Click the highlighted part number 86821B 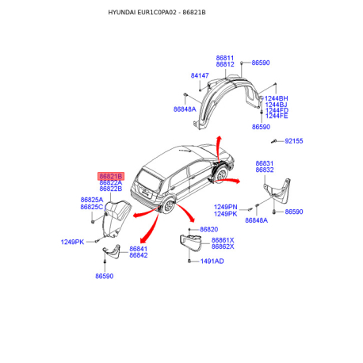pyautogui.click(x=111, y=176)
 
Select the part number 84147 pyautogui.click(x=200, y=75)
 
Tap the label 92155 pyautogui.click(x=294, y=141)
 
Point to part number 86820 pyautogui.click(x=209, y=229)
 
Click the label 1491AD pyautogui.click(x=212, y=262)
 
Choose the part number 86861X pyautogui.click(x=223, y=240)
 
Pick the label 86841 pyautogui.click(x=139, y=249)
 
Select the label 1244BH pyautogui.click(x=277, y=98)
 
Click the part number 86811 pyautogui.click(x=225, y=58)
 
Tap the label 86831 pyautogui.click(x=265, y=163)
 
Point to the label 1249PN pyautogui.click(x=226, y=207)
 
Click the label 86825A pyautogui.click(x=92, y=200)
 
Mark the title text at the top pyautogui.click(x=157, y=13)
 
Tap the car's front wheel pyautogui.click(x=221, y=174)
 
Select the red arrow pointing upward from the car pyautogui.click(x=219, y=148)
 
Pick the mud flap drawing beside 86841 pyautogui.click(x=112, y=251)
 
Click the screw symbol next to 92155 pyautogui.click(x=274, y=141)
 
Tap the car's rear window pyautogui.click(x=150, y=180)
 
